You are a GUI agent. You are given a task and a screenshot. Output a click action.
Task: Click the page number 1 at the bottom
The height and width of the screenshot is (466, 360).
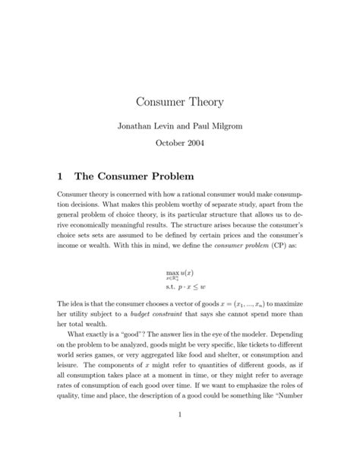[180, 436]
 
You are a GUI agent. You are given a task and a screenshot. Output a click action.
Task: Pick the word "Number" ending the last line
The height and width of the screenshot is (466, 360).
[287, 415]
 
